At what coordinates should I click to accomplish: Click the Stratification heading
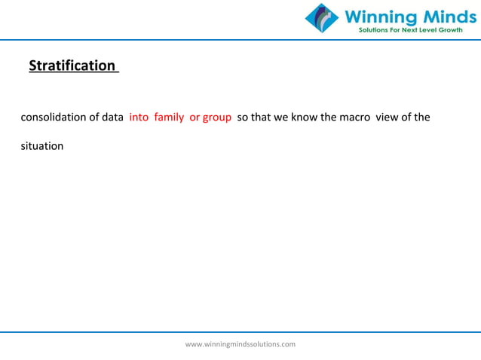72,66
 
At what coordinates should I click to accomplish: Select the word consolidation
53,118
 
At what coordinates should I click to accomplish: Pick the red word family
169,118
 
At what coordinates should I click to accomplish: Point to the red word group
217,118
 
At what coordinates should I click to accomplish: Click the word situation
41,145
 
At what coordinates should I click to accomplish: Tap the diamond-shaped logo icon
323,18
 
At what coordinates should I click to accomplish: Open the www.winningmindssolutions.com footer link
240,344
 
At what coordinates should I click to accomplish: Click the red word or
195,118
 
